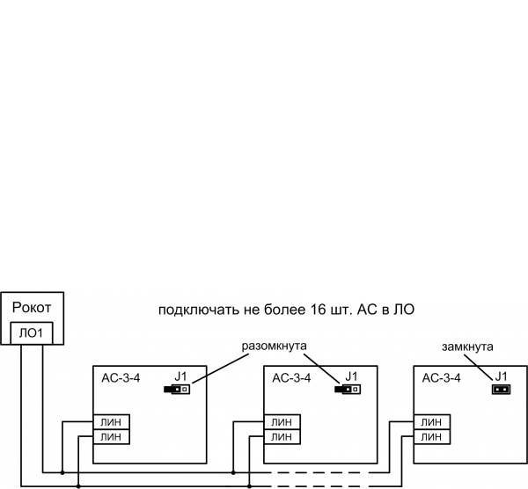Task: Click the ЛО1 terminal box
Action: pos(32,333)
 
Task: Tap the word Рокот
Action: pos(32,308)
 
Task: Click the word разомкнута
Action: pos(274,347)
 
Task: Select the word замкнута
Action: pos(467,347)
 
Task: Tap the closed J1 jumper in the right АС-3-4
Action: pos(501,388)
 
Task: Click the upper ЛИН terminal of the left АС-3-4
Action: pos(112,422)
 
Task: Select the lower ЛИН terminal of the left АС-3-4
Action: pos(112,436)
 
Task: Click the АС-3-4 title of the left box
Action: pos(121,378)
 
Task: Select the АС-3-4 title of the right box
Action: pos(442,378)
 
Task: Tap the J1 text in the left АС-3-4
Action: pos(182,376)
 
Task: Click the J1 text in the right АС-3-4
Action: pos(502,376)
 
